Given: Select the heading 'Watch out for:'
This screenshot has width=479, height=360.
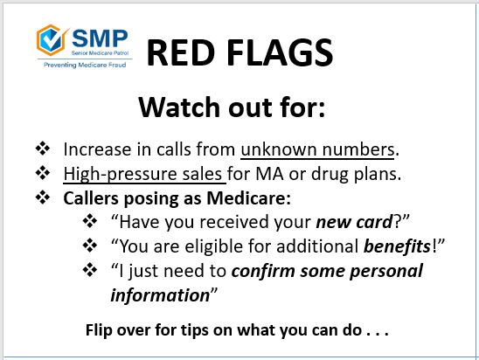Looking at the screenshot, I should (233, 109).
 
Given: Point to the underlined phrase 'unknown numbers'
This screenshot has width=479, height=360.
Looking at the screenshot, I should (321, 149).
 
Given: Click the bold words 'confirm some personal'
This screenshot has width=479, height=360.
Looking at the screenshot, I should (337, 271).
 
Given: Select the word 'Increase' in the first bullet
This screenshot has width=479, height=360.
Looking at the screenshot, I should (93, 149).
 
